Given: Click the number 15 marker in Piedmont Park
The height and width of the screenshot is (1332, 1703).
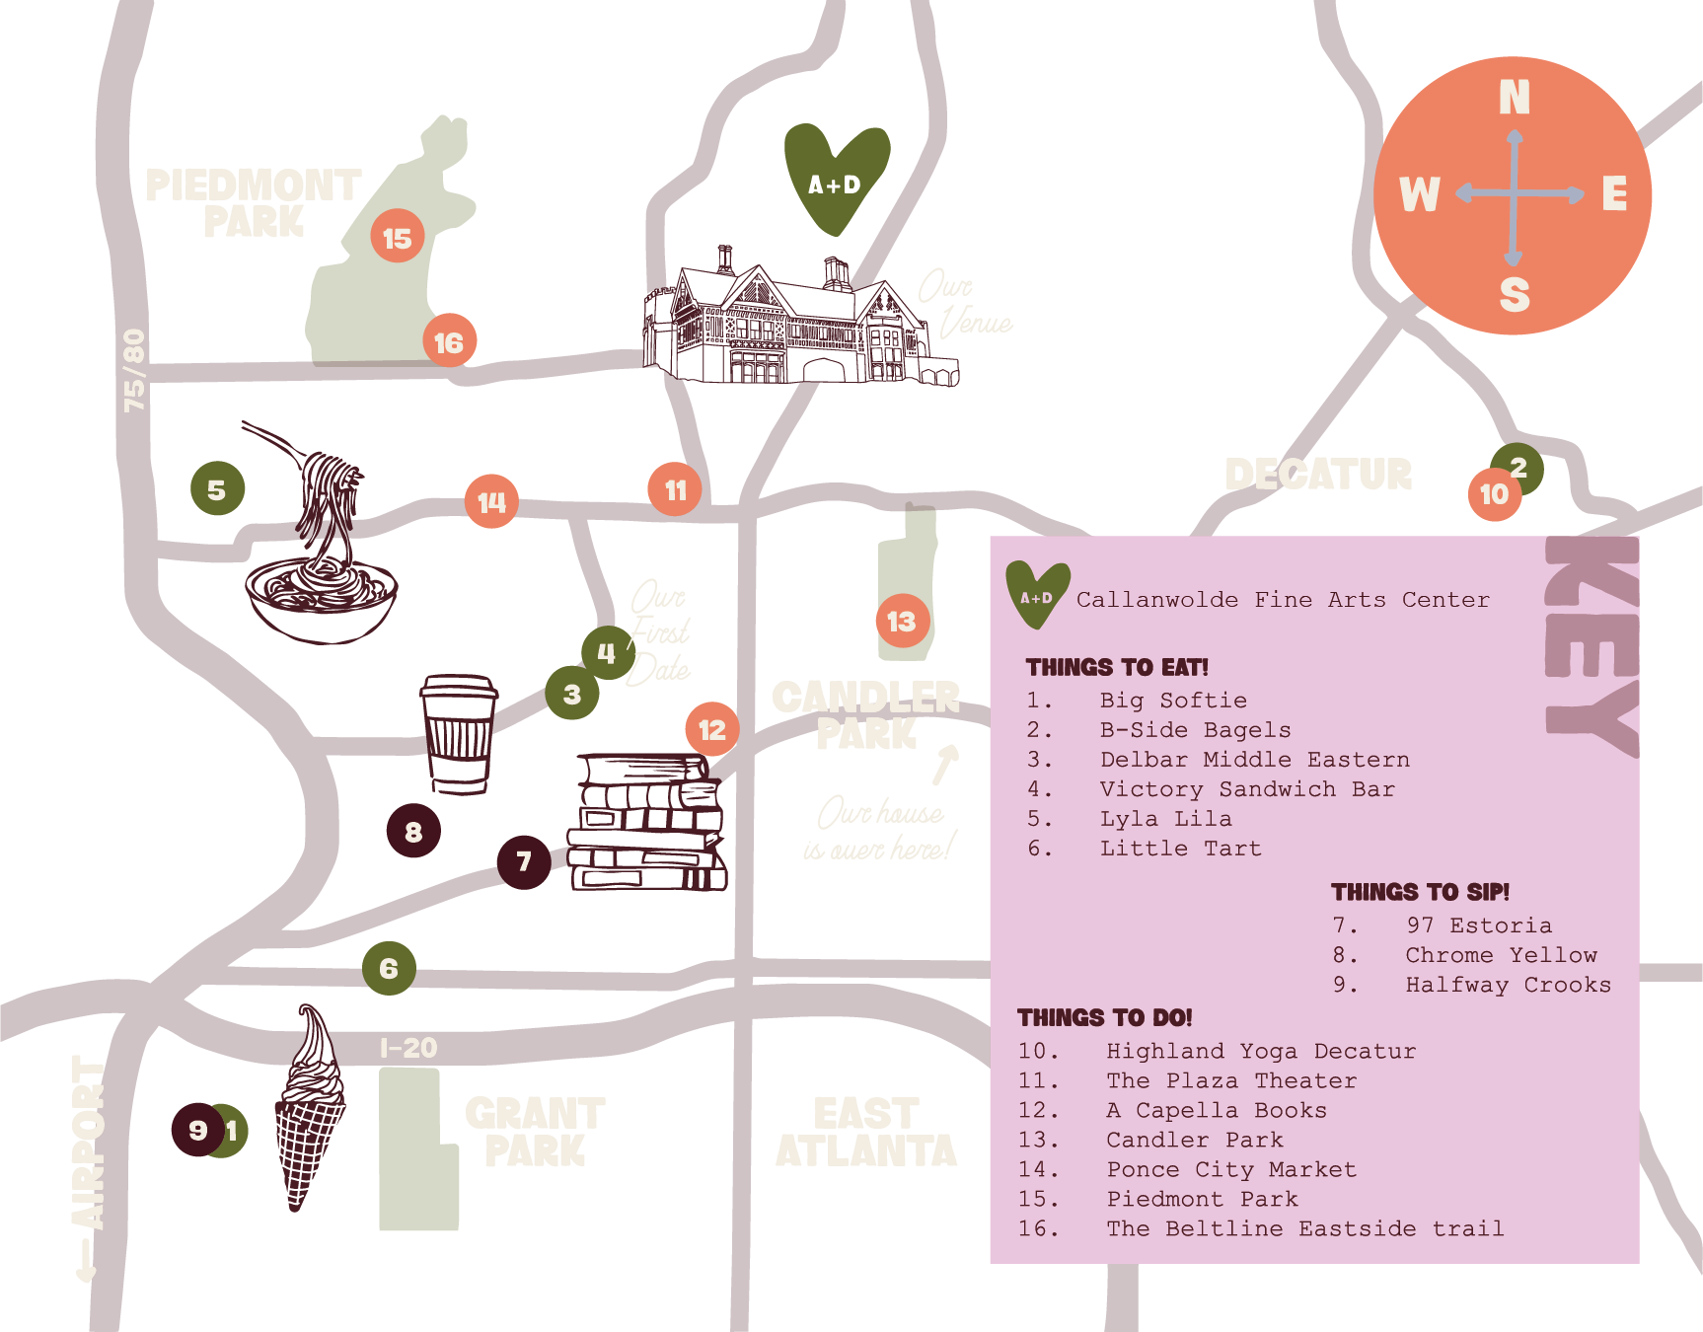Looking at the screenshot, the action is (398, 237).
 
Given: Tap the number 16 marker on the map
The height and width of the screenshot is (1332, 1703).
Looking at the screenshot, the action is (449, 341).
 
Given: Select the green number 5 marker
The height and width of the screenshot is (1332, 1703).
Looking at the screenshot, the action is (217, 488).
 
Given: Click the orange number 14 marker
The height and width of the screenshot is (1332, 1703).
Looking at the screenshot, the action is (491, 501).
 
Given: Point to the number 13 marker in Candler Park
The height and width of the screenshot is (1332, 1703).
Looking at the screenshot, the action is (902, 621).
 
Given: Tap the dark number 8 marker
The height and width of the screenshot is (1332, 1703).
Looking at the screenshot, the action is (413, 831).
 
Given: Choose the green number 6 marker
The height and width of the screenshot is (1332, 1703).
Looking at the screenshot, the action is (389, 968).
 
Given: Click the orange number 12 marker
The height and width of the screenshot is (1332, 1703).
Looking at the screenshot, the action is (711, 729).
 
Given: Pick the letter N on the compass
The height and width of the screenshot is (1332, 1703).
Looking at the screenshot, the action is (1514, 98).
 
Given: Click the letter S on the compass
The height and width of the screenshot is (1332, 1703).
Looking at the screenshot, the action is (1514, 294).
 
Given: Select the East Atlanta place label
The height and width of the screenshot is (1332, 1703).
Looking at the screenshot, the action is (866, 1133).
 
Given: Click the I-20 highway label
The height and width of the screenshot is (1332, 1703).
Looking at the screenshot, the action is (408, 1048).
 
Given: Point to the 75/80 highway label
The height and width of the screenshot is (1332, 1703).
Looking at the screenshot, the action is (133, 370).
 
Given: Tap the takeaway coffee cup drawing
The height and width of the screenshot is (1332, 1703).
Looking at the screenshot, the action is (459, 732).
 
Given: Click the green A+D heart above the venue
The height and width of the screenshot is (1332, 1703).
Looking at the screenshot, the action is (836, 178).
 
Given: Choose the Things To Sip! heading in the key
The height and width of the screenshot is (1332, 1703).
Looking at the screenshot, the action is (1420, 892).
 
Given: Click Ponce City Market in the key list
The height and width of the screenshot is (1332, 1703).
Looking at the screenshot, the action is (1231, 1169).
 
